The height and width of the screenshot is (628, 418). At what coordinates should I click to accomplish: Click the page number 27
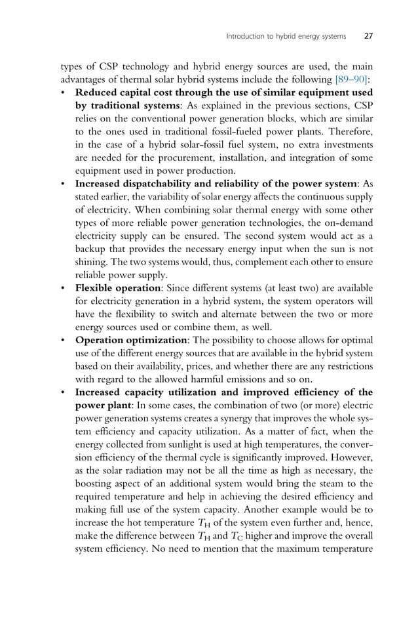[368, 36]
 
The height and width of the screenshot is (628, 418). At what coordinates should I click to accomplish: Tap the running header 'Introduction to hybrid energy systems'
[286, 36]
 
